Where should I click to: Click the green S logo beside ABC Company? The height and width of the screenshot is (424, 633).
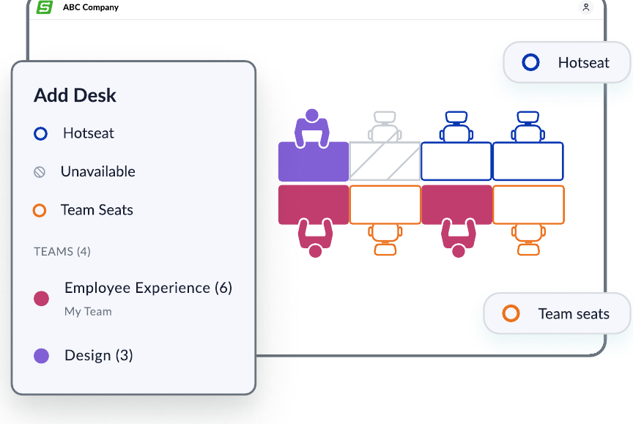[45, 7]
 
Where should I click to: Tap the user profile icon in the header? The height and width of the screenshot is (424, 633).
[586, 7]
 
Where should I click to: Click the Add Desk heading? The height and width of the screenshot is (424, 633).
[75, 95]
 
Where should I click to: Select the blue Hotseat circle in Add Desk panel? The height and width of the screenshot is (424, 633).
[40, 133]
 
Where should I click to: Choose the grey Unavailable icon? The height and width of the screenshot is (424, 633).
[40, 172]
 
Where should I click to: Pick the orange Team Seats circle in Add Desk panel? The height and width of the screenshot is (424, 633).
[40, 211]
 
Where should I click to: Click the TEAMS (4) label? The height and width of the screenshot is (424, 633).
[62, 251]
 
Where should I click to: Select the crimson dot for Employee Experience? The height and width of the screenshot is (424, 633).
[41, 299]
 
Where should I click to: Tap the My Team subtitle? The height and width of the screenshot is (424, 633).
[88, 311]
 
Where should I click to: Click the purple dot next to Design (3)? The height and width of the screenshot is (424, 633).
[41, 356]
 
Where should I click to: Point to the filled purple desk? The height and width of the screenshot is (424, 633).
[314, 161]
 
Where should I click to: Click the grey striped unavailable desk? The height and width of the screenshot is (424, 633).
[385, 161]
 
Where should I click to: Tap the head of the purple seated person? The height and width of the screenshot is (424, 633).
[311, 115]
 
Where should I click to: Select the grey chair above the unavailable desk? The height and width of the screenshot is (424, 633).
[385, 126]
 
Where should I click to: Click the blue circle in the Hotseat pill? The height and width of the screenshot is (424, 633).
[530, 62]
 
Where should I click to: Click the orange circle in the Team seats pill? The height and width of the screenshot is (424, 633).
[511, 313]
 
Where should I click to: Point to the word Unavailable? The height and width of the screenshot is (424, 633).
[98, 171]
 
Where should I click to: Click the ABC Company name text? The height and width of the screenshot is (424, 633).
[91, 7]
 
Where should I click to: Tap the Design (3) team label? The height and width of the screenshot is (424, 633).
[99, 355]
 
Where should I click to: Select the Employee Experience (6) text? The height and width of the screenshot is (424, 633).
[149, 288]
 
